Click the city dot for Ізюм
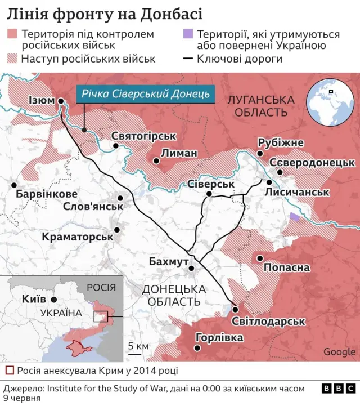tap(60, 101)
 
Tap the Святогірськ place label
tap(144, 136)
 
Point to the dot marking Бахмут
tap(192, 269)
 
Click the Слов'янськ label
tap(93, 207)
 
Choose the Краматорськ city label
tap(78, 237)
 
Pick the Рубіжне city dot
tap(260, 154)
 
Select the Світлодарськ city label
tap(268, 321)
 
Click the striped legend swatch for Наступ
tap(12, 59)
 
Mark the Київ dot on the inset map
tap(53, 300)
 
